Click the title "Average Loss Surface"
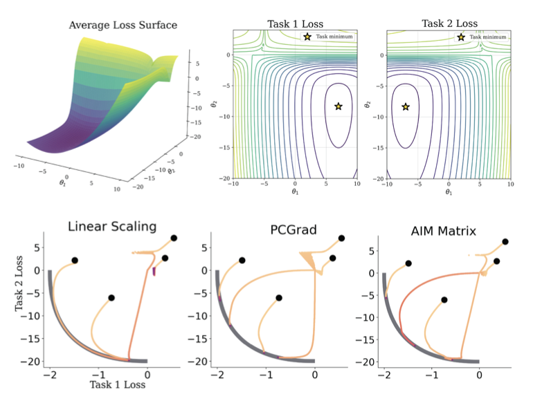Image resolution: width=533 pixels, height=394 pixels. coord(123,26)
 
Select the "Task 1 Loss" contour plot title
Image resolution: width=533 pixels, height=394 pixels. coord(295,24)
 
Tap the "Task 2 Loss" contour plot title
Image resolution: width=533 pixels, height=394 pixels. coord(449,24)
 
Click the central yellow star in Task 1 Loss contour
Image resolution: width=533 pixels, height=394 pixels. coord(338,106)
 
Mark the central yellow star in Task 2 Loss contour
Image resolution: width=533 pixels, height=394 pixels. coord(406,106)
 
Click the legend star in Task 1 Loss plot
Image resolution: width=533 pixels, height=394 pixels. coord(307,36)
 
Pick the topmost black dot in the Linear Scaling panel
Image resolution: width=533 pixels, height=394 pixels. coord(174,238)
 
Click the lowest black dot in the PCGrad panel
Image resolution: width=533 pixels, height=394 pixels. coord(279,298)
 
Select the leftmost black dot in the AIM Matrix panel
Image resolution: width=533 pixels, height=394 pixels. coord(408,263)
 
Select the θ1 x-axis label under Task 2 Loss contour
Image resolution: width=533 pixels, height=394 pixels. coord(449,191)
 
